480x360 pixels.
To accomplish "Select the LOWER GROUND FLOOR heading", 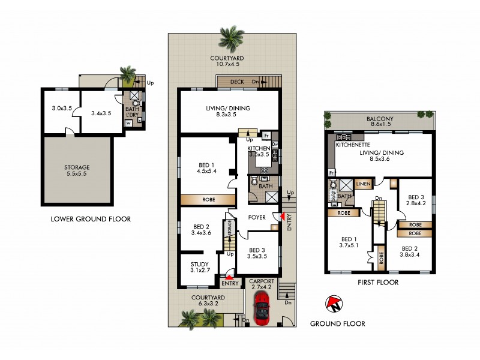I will (91, 219).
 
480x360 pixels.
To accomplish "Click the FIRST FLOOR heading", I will (379, 282).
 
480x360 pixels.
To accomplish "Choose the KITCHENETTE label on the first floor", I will (352, 145).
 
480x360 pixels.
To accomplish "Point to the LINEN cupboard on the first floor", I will (363, 184).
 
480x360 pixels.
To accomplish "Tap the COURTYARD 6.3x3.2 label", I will (207, 301).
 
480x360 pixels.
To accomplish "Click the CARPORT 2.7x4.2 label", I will (262, 283).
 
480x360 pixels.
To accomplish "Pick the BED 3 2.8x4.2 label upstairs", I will (416, 200).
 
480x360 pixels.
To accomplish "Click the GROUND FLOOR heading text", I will (337, 323).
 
